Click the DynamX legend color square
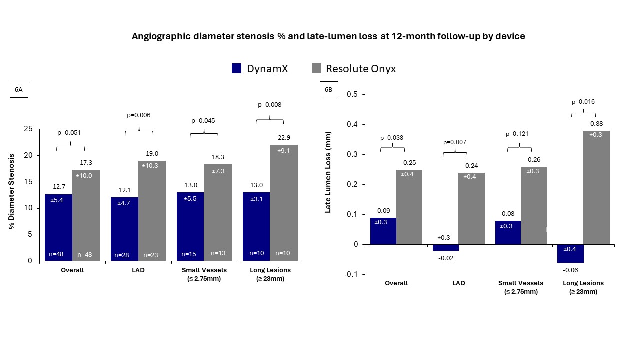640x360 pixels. (237, 69)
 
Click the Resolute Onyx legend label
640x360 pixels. (361, 69)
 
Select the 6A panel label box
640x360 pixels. (18, 90)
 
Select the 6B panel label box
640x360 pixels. (328, 90)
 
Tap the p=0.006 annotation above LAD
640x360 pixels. (138, 115)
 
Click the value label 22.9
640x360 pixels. (283, 137)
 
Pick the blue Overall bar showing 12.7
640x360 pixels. (58, 227)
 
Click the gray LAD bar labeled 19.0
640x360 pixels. (152, 210)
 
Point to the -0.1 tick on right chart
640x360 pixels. (352, 274)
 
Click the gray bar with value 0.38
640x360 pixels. (596, 187)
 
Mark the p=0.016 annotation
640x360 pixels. (583, 102)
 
